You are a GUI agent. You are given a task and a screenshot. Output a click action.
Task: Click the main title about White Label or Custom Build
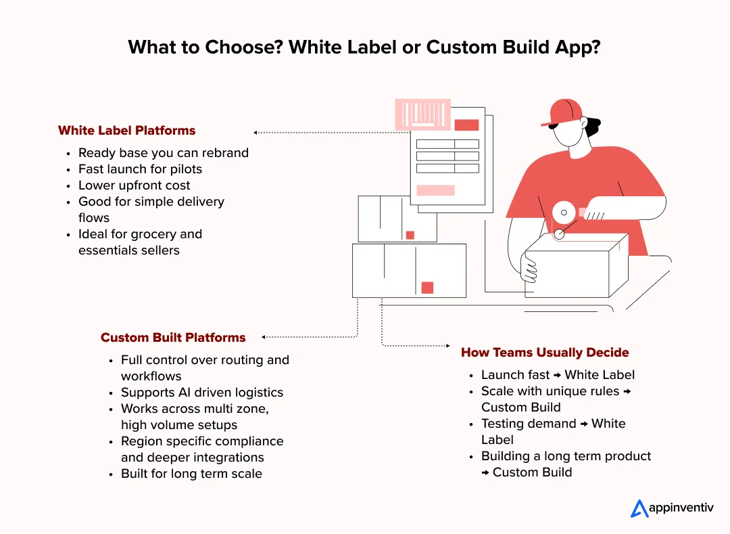[x=364, y=47]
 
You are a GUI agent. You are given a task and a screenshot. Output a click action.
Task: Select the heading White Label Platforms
[x=126, y=131]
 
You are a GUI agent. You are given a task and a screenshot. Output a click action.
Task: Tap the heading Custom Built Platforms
[x=173, y=337]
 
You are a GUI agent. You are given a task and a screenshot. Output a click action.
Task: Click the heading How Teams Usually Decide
[x=545, y=353]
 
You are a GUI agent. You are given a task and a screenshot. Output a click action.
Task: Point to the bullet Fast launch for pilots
[x=140, y=169]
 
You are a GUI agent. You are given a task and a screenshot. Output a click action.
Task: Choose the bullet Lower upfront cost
[x=134, y=185]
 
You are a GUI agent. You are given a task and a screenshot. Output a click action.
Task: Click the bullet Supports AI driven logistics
[x=201, y=393]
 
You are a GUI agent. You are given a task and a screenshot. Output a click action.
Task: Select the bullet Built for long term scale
[x=191, y=474]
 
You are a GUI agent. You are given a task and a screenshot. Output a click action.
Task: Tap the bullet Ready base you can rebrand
[x=163, y=153]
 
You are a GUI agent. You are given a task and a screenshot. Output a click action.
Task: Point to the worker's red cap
[x=564, y=112]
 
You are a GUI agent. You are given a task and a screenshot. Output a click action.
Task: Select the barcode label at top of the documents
[x=422, y=115]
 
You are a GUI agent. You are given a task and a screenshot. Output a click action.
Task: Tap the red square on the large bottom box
[x=427, y=288]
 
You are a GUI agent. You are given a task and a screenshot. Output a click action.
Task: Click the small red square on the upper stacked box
[x=410, y=235]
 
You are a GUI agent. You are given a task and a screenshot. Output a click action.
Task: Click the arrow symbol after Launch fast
[x=558, y=376]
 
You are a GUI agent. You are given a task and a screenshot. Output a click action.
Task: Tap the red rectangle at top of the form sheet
[x=466, y=125]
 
